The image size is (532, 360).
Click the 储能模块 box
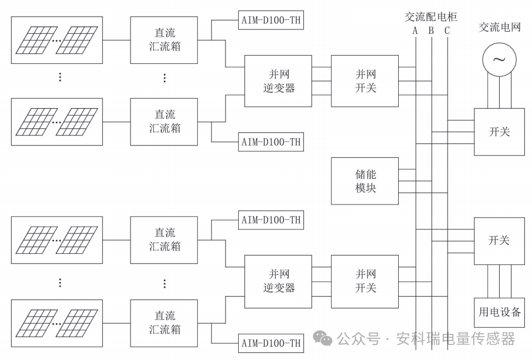pyautogui.click(x=365, y=181)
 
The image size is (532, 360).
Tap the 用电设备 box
pyautogui.click(x=499, y=312)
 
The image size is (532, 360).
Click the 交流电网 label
pyautogui.click(x=499, y=27)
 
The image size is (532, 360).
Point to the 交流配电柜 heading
pyautogui.click(x=431, y=17)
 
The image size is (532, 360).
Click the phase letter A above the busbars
pyautogui.click(x=415, y=31)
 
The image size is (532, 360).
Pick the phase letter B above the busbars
pyautogui.click(x=431, y=31)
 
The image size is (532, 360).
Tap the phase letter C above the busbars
pyautogui.click(x=447, y=31)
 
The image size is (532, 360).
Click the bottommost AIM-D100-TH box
pyautogui.click(x=271, y=343)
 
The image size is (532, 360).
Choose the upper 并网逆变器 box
pyautogui.click(x=278, y=81)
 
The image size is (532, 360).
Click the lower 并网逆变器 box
pyautogui.click(x=278, y=281)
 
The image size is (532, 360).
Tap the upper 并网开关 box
pyautogui.click(x=365, y=81)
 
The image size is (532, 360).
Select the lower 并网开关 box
pyautogui.click(x=365, y=281)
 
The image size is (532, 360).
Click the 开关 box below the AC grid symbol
pyautogui.click(x=499, y=132)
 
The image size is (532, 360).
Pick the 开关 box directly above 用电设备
pyautogui.click(x=499, y=241)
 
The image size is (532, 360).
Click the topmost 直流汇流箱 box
pyautogui.click(x=164, y=39)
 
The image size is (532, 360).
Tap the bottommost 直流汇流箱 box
pyautogui.click(x=164, y=323)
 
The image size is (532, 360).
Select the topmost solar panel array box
pyautogui.click(x=57, y=39)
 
